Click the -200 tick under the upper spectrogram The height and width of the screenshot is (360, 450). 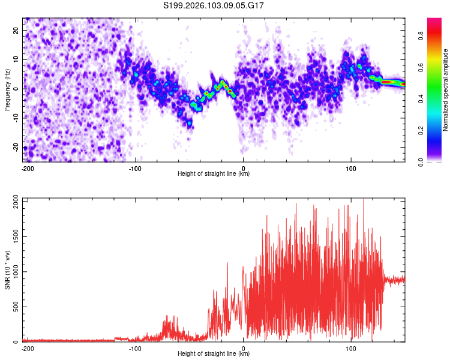[27, 168]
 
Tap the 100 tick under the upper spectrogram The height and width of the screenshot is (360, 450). [351, 168]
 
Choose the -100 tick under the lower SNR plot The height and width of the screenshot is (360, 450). [135, 348]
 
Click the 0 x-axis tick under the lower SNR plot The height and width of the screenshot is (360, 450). [244, 348]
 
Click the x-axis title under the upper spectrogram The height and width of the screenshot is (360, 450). [214, 174]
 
